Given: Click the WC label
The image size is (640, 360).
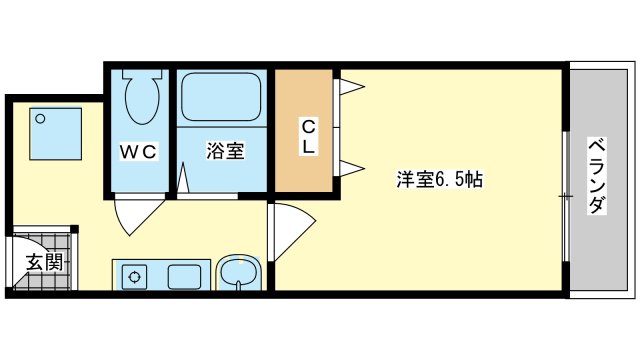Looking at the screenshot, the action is pos(139,151).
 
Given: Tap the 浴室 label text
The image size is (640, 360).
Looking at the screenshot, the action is pos(225,151).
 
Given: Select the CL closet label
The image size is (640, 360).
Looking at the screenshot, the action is pos(309,137).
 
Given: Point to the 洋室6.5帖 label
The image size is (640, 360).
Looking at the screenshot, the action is pos(440,179).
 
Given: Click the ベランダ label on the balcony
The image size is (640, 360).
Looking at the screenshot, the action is pos(597,176).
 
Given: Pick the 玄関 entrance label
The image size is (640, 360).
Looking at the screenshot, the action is pos(45,262).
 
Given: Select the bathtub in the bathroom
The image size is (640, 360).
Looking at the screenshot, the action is pos(221,97).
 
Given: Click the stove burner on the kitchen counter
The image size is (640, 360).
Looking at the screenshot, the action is pos(134,277).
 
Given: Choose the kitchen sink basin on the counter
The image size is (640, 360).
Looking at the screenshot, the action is pos(184,277).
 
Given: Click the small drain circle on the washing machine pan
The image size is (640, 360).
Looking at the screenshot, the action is pos(40,119).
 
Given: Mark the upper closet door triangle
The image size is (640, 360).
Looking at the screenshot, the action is pos(351,87).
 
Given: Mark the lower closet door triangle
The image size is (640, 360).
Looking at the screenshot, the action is pos(351,168).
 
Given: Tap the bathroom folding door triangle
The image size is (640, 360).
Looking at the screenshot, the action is pos(183,177).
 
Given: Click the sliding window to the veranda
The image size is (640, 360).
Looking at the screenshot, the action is pos(566,196).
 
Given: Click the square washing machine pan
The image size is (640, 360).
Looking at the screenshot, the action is pos(56,134).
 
